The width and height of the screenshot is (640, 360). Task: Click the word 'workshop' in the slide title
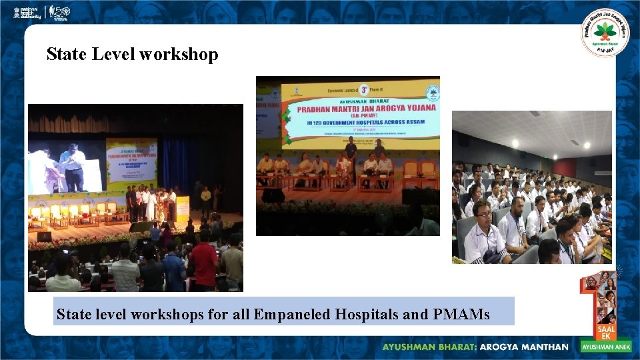(x=179, y=54)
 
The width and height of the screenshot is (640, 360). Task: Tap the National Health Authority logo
(x=27, y=12)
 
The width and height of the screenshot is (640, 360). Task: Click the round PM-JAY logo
(x=604, y=32)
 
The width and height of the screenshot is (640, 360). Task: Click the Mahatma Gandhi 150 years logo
(x=60, y=12)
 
